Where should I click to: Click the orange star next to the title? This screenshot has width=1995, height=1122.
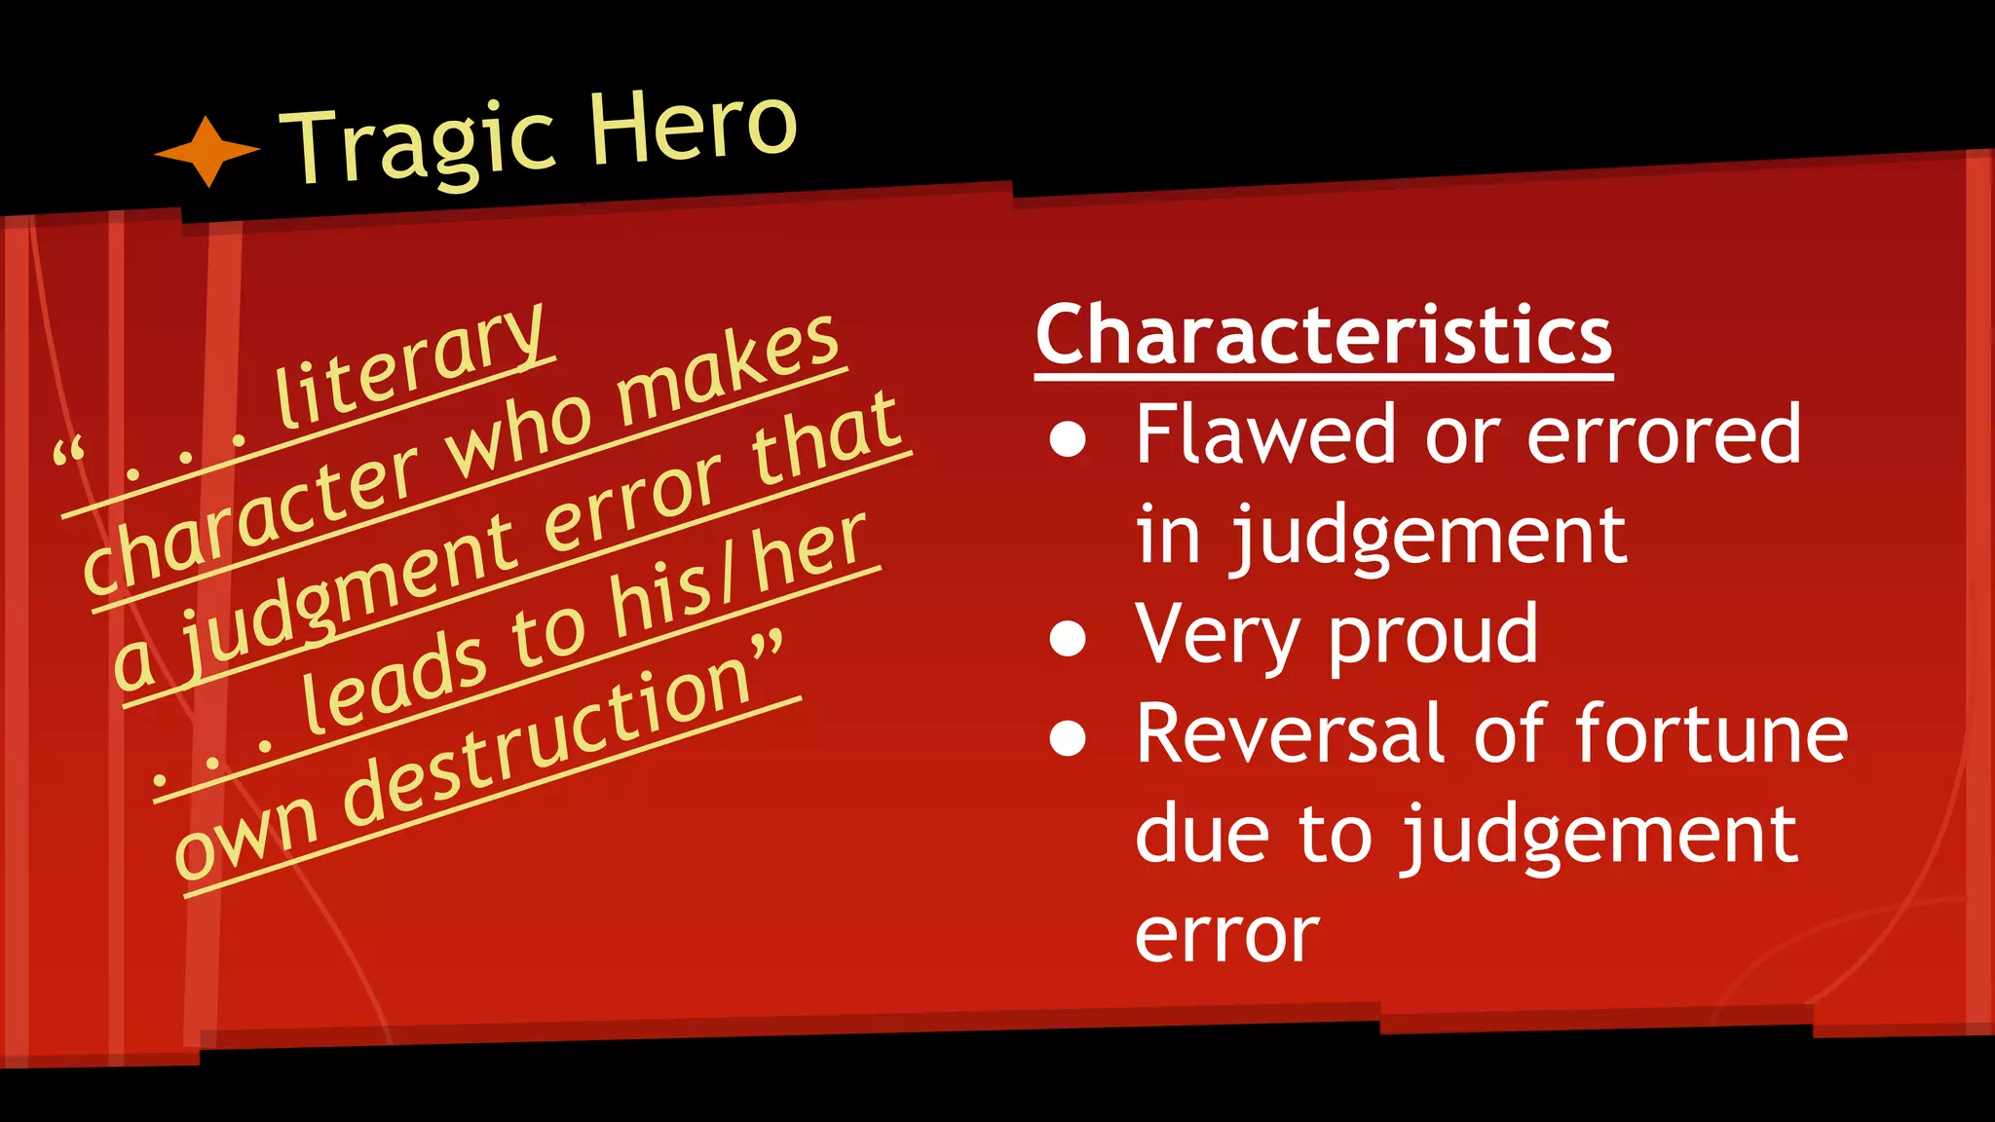coord(207,151)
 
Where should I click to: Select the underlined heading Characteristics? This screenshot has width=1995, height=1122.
coord(1324,335)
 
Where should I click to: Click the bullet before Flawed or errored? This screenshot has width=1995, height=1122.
coord(1068,438)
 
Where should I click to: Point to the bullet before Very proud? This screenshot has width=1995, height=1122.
coord(1068,639)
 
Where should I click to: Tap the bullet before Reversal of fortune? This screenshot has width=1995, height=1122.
coord(1068,738)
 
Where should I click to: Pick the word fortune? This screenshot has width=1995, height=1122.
coord(1711,734)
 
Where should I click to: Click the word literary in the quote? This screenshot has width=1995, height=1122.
coord(409,366)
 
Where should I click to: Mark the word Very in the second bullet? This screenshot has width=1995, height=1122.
coord(1218,637)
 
